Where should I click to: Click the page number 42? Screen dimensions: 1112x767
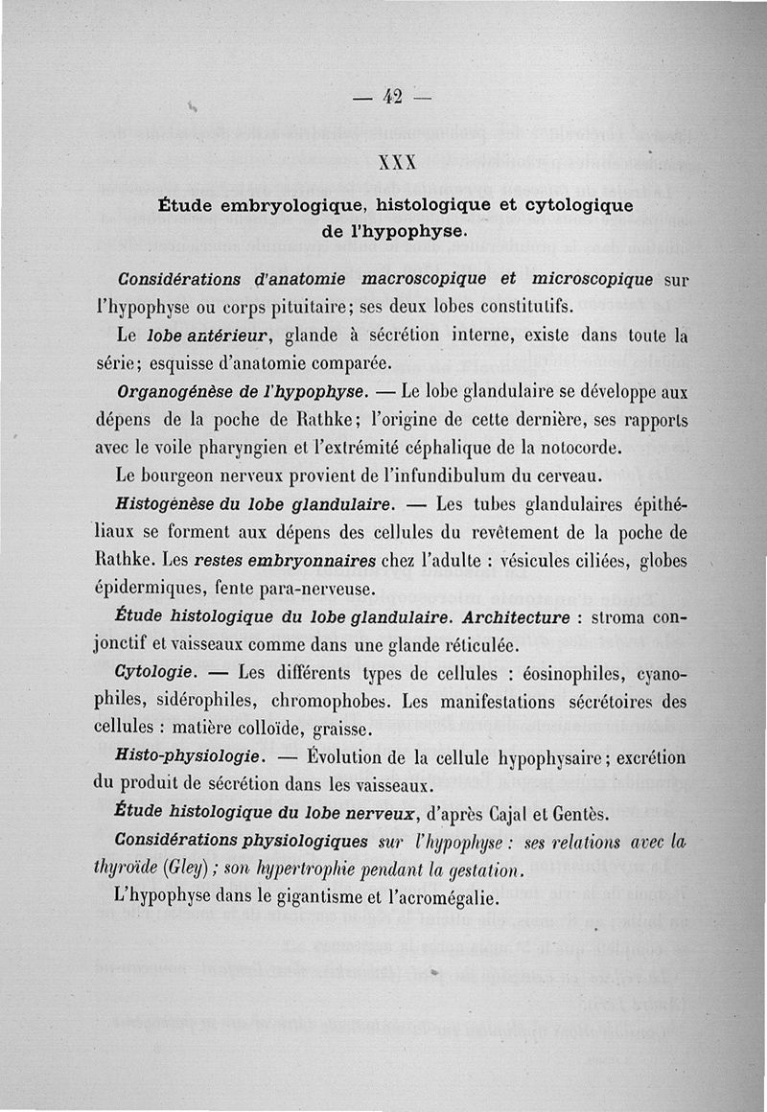pyautogui.click(x=391, y=96)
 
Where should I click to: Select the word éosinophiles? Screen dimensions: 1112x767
pyautogui.click(x=550, y=672)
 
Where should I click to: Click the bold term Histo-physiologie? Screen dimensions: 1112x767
pyautogui.click(x=189, y=757)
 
